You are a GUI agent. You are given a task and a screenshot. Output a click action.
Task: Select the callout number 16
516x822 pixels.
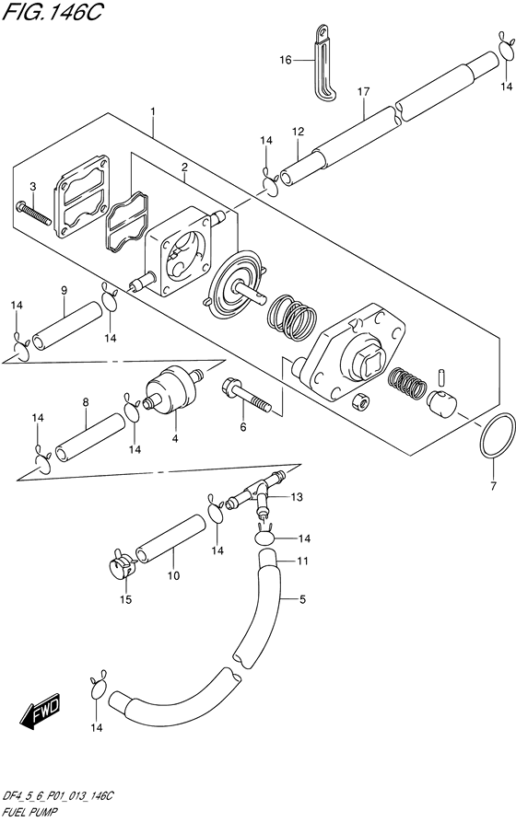pos(286,60)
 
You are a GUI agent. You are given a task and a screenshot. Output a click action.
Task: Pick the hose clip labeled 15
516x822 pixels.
pos(120,564)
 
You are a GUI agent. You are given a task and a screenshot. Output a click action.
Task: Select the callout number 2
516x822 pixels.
pos(184,168)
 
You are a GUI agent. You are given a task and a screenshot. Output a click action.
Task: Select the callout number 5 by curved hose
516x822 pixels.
pos(300,599)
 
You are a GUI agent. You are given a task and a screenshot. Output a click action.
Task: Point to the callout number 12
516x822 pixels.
pos(298,133)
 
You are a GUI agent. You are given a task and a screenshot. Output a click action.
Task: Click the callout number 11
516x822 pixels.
pos(300,561)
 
